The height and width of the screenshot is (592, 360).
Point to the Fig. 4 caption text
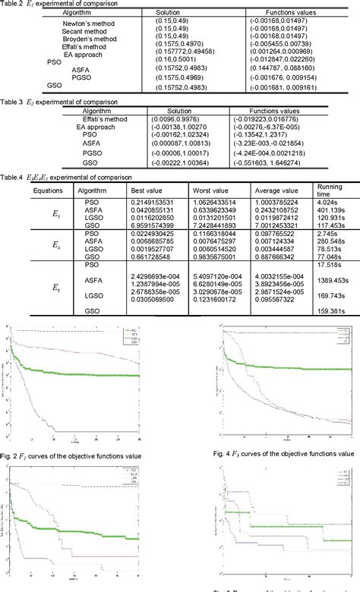click(x=283, y=451)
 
